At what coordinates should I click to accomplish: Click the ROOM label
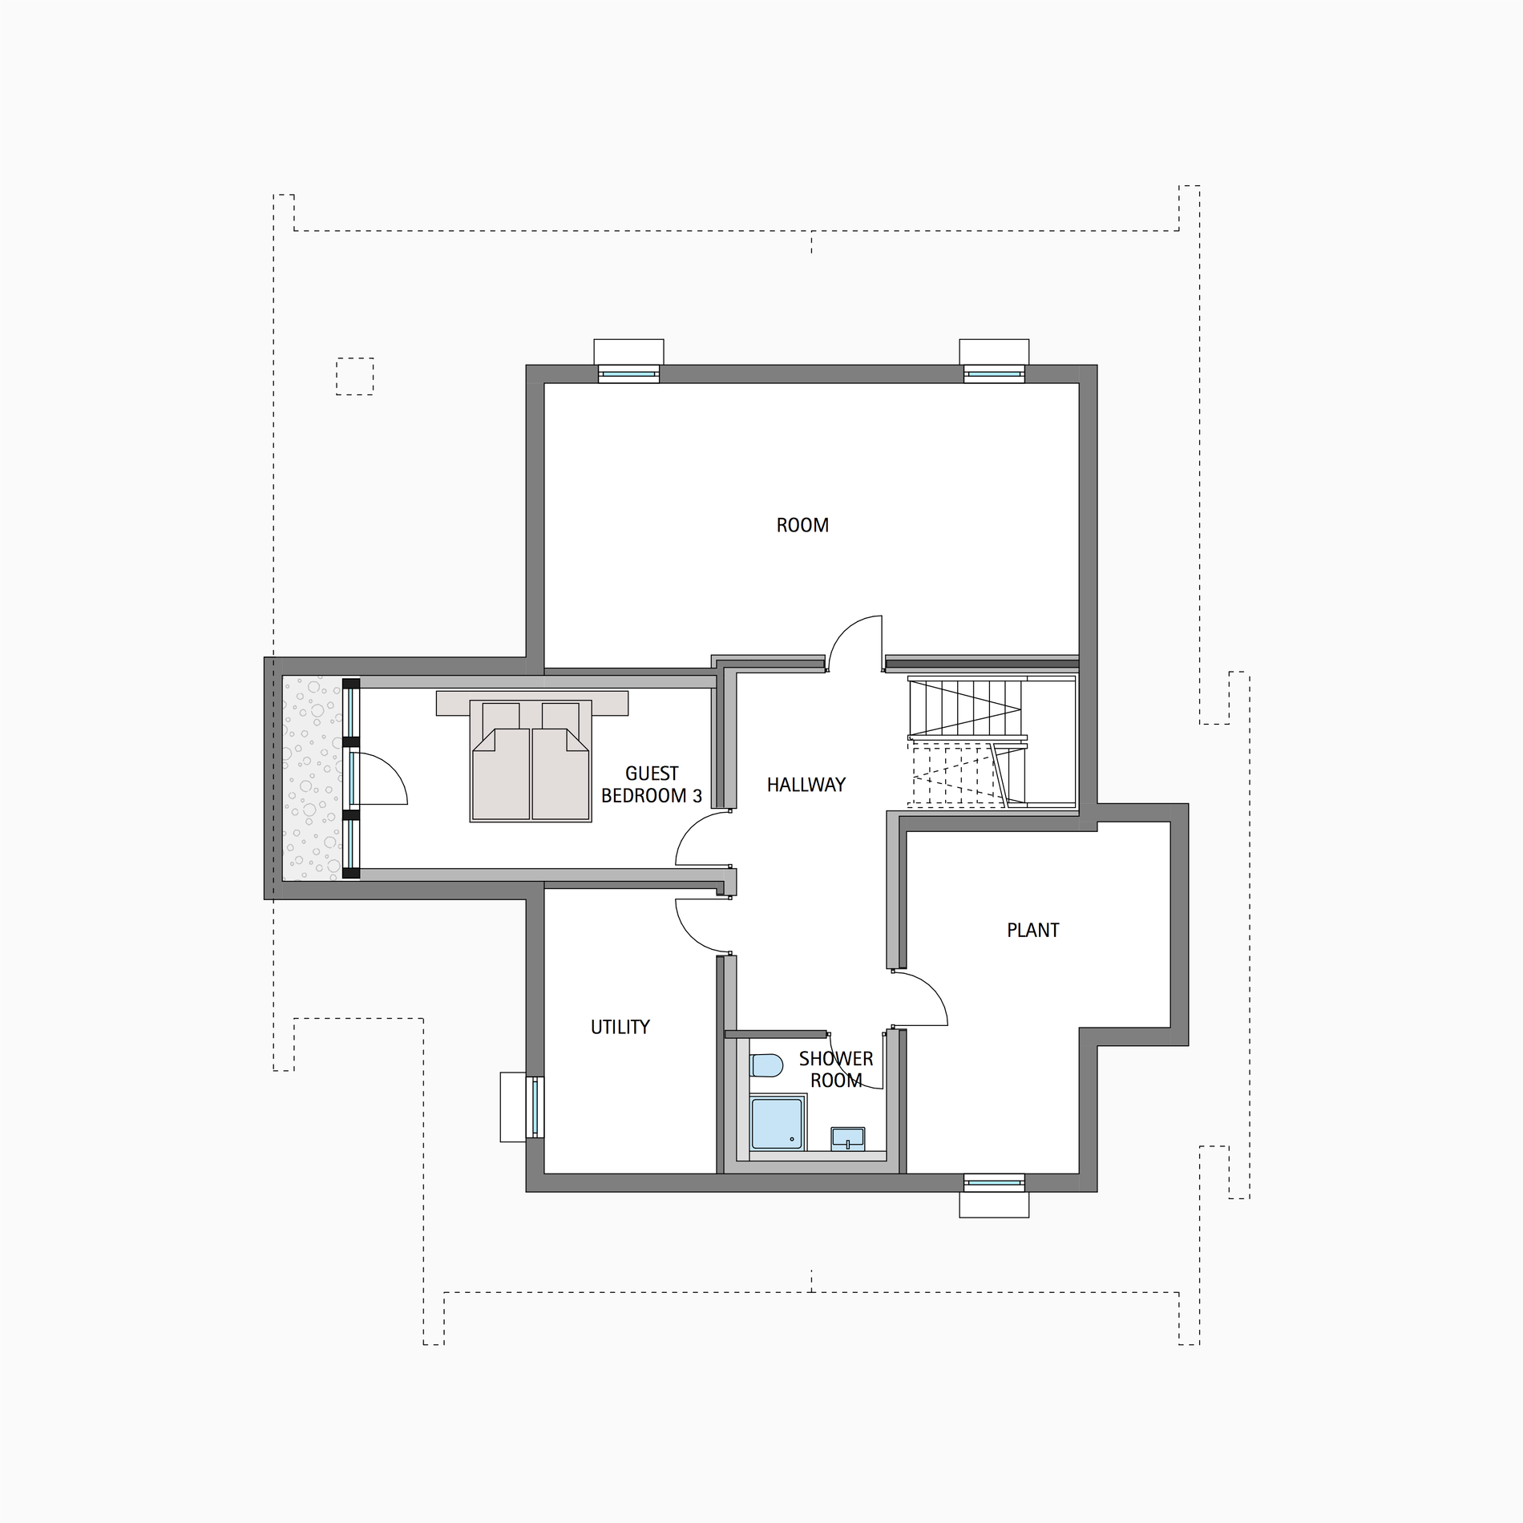tap(802, 525)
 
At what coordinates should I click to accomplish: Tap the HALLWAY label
tap(806, 785)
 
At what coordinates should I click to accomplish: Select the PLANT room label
tap(1033, 930)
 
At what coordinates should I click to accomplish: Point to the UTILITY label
tap(620, 1027)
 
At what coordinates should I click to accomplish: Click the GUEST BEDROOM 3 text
tap(652, 785)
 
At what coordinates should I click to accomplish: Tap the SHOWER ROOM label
tap(836, 1069)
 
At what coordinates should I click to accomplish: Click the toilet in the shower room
tap(766, 1066)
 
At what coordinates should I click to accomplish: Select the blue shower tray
tap(777, 1123)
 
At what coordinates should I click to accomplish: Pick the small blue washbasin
tap(847, 1138)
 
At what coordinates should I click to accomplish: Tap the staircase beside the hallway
tap(992, 741)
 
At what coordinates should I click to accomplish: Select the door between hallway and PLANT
tap(920, 1000)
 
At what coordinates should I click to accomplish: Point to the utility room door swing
tap(703, 927)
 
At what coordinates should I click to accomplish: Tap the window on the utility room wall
tap(535, 1107)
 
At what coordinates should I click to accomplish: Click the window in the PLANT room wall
tap(994, 1182)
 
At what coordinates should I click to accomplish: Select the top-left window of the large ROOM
tap(628, 374)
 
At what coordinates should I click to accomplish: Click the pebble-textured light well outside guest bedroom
tap(313, 778)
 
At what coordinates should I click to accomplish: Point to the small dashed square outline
tap(354, 376)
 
